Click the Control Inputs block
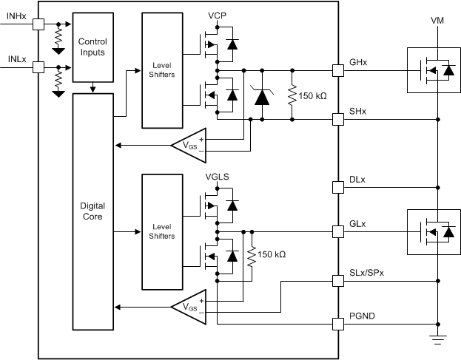coord(93,47)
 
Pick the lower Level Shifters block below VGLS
coord(161,231)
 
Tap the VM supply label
coord(438,21)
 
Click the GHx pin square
coord(337,71)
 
